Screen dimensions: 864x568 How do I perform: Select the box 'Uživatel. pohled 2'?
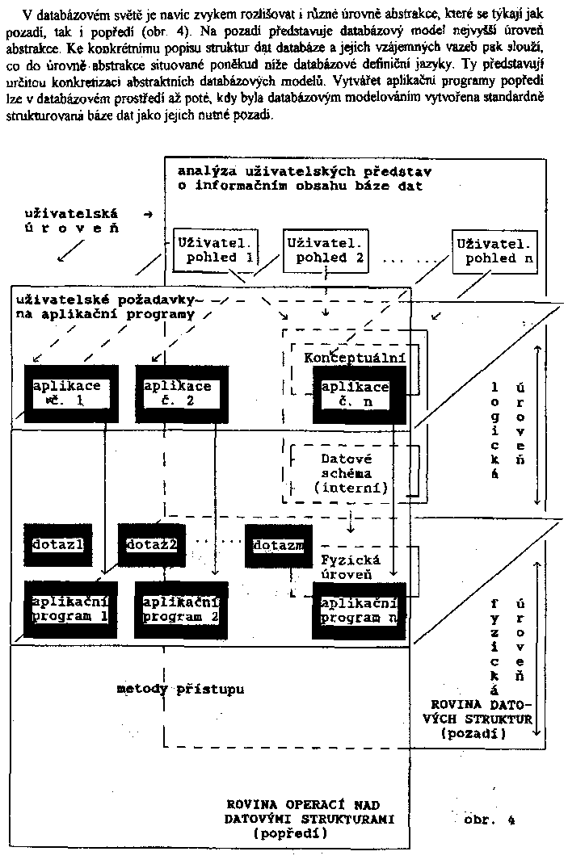(324, 250)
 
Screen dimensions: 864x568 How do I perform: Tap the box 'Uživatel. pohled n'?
(494, 250)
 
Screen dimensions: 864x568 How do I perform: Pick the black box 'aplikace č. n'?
(356, 394)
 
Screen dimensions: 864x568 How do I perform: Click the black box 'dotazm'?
(279, 546)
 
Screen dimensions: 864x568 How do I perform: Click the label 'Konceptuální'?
(355, 358)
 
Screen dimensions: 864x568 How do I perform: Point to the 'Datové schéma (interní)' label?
(351, 472)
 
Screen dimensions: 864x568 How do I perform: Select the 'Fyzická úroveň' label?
(351, 567)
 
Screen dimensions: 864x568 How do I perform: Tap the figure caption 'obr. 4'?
(490, 820)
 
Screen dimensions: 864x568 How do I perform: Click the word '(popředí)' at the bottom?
(290, 835)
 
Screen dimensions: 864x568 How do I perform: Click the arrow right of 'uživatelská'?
(146, 213)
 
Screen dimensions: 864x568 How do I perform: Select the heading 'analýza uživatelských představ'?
(305, 171)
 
